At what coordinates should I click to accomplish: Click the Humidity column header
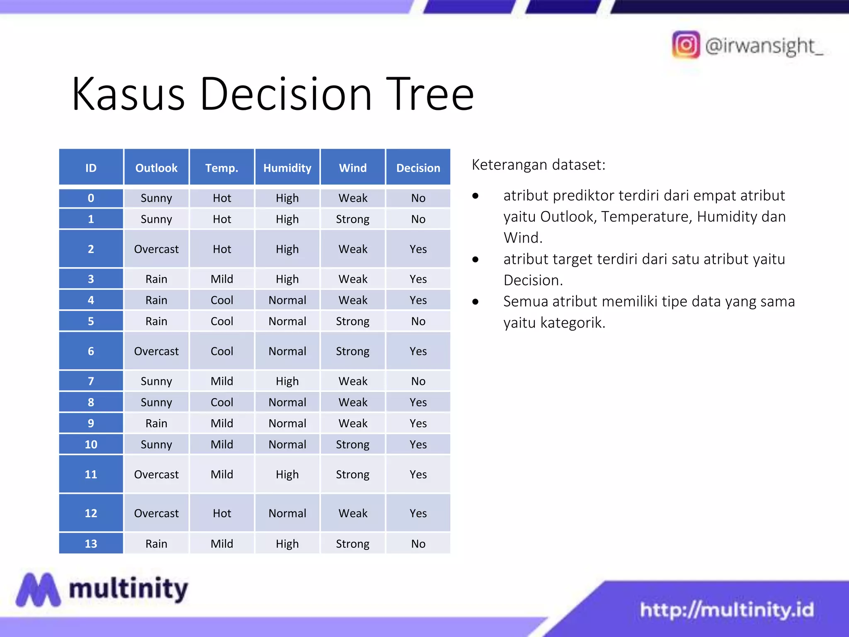(287, 168)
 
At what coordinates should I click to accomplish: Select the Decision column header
(418, 168)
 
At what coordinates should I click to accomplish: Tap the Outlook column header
(156, 168)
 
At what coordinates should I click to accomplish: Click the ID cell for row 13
(91, 543)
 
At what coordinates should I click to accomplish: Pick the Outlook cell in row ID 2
(156, 249)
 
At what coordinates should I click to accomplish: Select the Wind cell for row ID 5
(353, 321)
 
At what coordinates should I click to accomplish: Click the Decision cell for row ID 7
(418, 381)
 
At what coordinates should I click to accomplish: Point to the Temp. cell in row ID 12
(222, 513)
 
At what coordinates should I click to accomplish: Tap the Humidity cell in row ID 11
(287, 474)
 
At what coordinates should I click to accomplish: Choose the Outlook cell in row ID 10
(156, 444)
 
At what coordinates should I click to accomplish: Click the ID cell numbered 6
(91, 351)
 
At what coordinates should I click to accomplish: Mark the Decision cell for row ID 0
(418, 198)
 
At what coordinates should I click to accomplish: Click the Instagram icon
(686, 45)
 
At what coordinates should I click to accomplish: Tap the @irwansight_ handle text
(764, 46)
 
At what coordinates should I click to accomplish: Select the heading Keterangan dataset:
(539, 165)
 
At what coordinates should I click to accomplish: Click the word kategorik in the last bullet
(573, 322)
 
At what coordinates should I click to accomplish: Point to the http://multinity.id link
(727, 610)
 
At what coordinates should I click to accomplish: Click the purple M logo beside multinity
(38, 589)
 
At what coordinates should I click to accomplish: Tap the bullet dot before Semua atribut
(475, 301)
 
